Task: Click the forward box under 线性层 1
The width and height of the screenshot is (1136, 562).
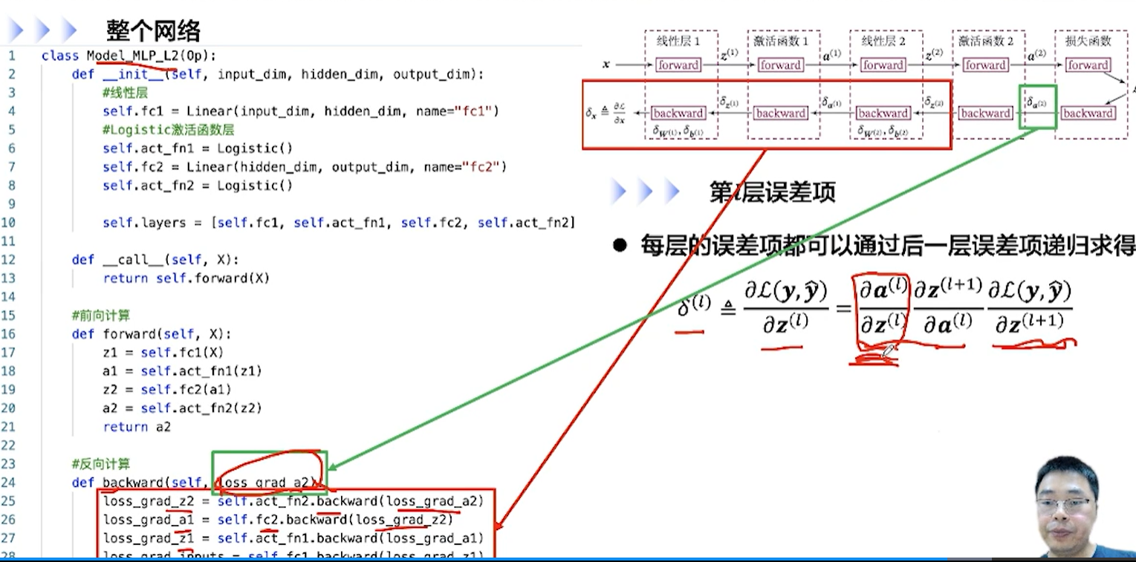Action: pos(678,65)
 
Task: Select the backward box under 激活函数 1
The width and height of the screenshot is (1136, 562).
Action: pos(780,114)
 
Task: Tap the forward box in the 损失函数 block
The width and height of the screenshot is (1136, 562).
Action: pos(1088,65)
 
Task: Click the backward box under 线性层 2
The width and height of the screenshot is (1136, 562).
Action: pos(883,114)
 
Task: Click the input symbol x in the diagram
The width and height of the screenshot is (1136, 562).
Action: pos(606,65)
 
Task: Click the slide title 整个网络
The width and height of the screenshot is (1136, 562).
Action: pos(154,31)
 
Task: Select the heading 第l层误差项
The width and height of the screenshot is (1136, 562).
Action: pos(772,192)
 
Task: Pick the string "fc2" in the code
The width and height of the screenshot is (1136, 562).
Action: pos(487,167)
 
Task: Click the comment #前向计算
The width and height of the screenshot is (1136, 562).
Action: pos(101,316)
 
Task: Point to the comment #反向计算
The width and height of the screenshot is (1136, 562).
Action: pos(101,464)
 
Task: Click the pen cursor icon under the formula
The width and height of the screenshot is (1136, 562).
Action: pos(888,351)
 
